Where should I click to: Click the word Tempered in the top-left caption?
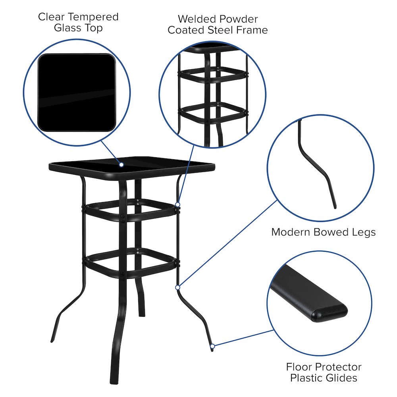pos(93,17)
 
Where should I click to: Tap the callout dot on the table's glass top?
pos(121,164)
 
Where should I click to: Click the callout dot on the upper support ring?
pos(178,205)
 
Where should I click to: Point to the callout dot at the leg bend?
pos(177,287)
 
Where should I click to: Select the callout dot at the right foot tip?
pos(212,347)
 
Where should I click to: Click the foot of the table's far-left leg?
pos(52,339)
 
